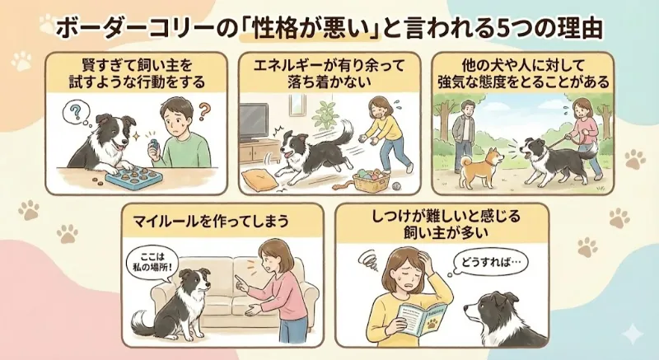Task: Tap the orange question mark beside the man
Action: click(204, 112)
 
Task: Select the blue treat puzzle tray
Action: click(133, 177)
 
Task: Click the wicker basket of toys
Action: click(370, 180)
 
